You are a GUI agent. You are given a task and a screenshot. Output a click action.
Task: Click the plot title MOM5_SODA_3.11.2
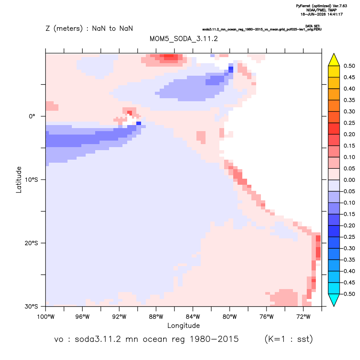[x=183, y=39]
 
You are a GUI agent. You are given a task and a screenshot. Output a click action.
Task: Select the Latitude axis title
[x=19, y=180]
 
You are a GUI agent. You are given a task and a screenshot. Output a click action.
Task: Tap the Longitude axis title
[x=183, y=325]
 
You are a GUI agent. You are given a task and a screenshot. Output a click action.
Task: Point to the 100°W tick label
[x=46, y=317]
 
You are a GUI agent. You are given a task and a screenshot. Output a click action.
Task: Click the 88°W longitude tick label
[x=156, y=317]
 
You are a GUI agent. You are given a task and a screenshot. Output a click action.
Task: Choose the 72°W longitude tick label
[x=303, y=317]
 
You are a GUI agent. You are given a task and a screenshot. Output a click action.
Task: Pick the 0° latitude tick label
[x=32, y=116]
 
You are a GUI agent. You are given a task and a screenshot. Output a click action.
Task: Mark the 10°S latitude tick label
[x=32, y=180]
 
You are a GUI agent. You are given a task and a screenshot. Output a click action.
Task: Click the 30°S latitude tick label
[x=32, y=306]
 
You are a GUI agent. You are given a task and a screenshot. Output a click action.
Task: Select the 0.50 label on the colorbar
[x=349, y=66]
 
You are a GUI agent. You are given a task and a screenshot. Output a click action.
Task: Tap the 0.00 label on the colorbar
[x=349, y=180]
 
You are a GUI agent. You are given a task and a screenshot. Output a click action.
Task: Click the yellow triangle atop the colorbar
[x=334, y=60]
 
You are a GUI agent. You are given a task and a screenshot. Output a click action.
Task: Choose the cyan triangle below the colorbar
[x=334, y=299]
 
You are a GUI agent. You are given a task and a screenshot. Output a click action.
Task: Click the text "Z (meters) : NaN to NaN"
[x=89, y=29]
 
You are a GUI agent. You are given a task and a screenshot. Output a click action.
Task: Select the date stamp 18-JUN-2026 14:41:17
[x=321, y=14]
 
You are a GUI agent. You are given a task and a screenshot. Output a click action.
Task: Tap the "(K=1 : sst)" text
[x=289, y=339]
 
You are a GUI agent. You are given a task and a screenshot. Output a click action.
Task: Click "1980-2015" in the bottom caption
[x=214, y=339]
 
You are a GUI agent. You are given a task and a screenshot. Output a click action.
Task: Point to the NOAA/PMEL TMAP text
[x=321, y=10]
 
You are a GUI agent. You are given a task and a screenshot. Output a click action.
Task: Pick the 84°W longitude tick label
[x=193, y=317]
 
